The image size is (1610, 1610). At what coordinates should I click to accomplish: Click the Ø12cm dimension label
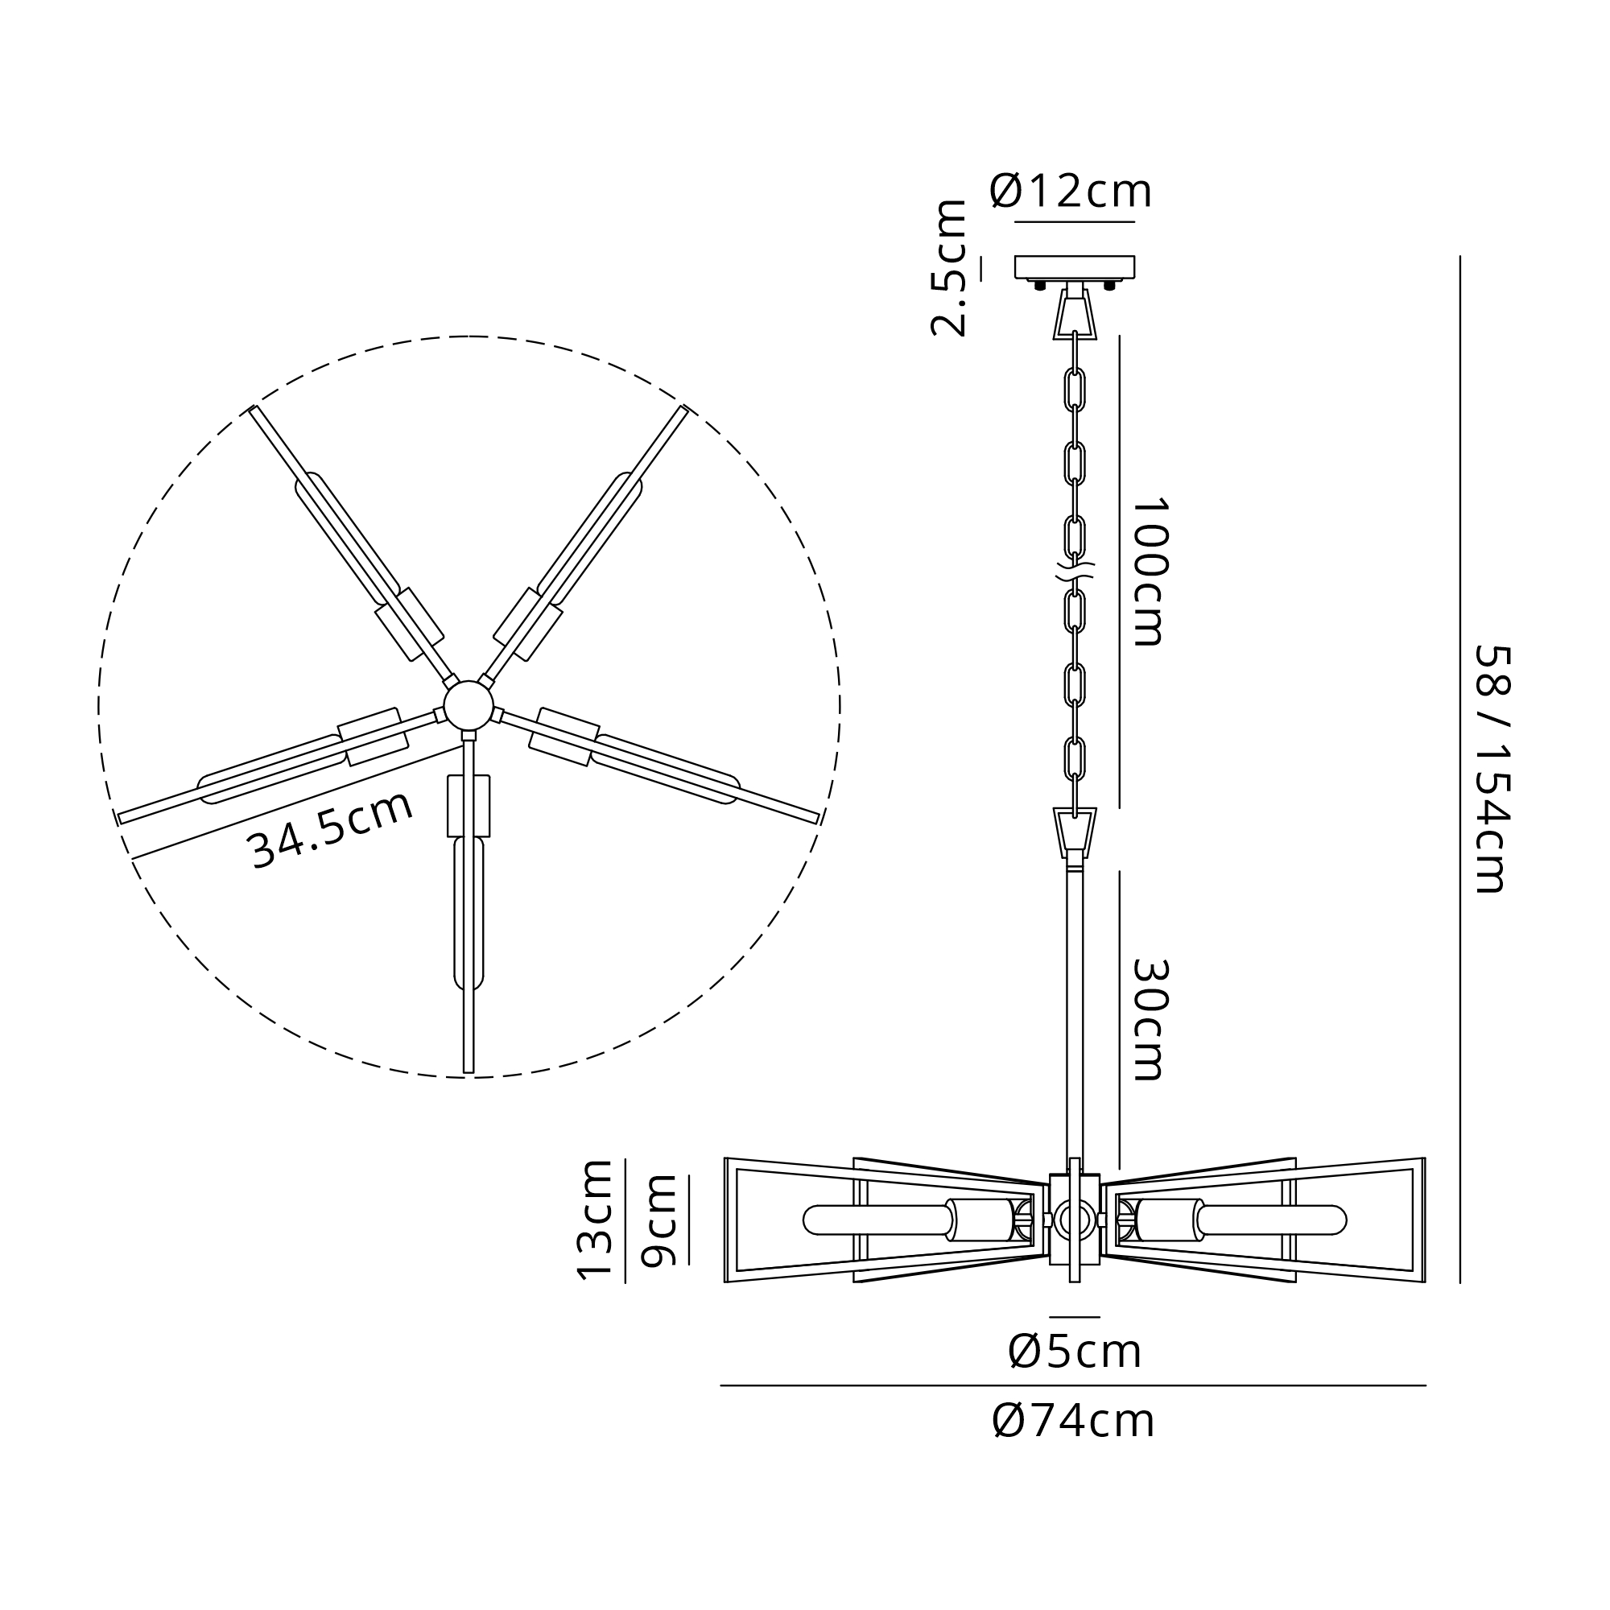pos(1071,192)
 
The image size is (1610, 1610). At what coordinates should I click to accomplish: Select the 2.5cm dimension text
pos(948,267)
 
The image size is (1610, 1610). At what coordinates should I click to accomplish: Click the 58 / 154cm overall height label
pos(1492,769)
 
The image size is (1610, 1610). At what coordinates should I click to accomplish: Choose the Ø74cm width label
pos(1073,1421)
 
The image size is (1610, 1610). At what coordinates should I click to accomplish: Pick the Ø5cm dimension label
pos(1075,1352)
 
